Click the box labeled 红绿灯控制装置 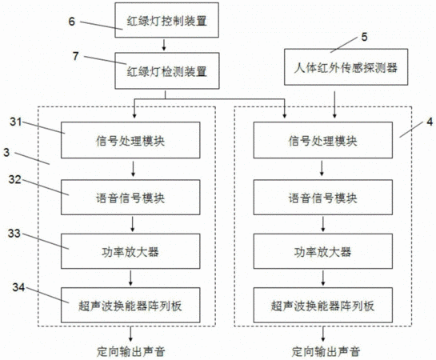(167, 20)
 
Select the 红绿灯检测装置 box (167, 71)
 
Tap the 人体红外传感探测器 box (346, 67)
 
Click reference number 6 (72, 22)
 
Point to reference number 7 (76, 56)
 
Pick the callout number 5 (364, 37)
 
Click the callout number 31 (15, 122)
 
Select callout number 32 (14, 179)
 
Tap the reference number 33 (14, 234)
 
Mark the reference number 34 (18, 287)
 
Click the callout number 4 (430, 122)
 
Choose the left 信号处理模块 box (130, 140)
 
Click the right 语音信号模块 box (323, 198)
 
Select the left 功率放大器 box (130, 251)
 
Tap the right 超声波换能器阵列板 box (323, 306)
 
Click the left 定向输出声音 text (130, 352)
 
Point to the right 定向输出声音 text (326, 352)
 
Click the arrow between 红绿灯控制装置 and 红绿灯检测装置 (164, 45)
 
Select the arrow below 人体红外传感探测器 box (334, 105)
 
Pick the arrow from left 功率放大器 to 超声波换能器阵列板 (130, 278)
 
